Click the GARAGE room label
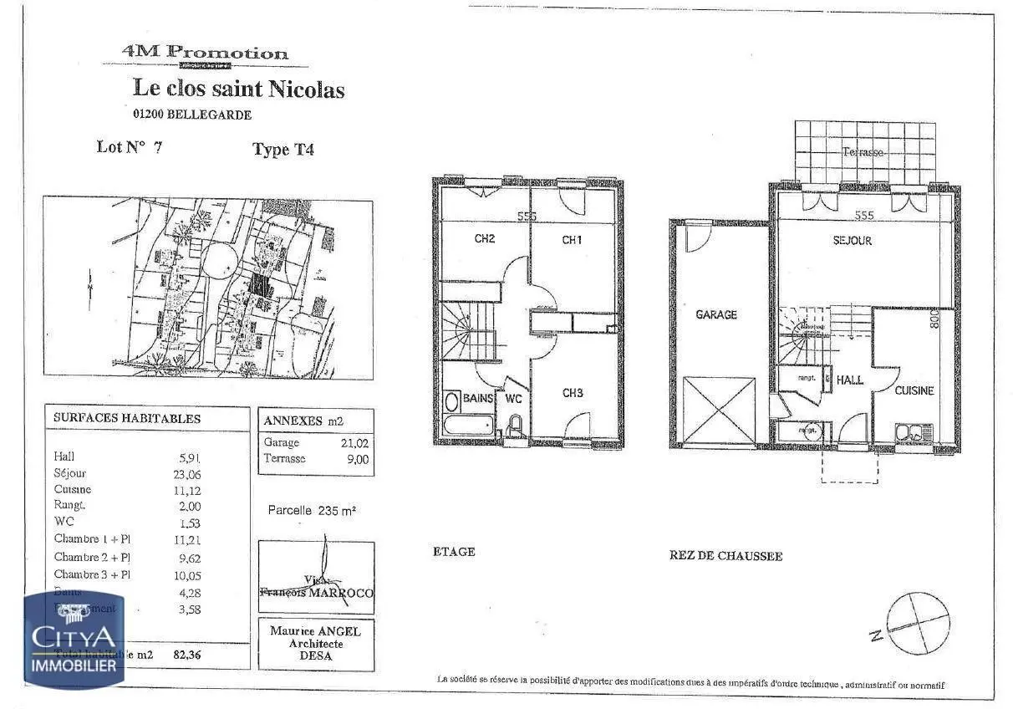(716, 315)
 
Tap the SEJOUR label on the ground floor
(852, 241)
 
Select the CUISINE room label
(914, 390)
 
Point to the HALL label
(850, 380)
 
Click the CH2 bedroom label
(485, 239)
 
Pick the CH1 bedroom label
(572, 241)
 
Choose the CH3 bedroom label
(573, 393)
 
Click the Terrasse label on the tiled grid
(863, 152)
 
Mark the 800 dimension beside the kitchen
(934, 319)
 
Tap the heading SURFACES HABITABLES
(127, 418)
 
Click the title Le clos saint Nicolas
(239, 89)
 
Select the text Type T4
(283, 150)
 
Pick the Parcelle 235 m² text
(312, 510)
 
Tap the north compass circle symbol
(918, 622)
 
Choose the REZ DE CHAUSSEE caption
(725, 556)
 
